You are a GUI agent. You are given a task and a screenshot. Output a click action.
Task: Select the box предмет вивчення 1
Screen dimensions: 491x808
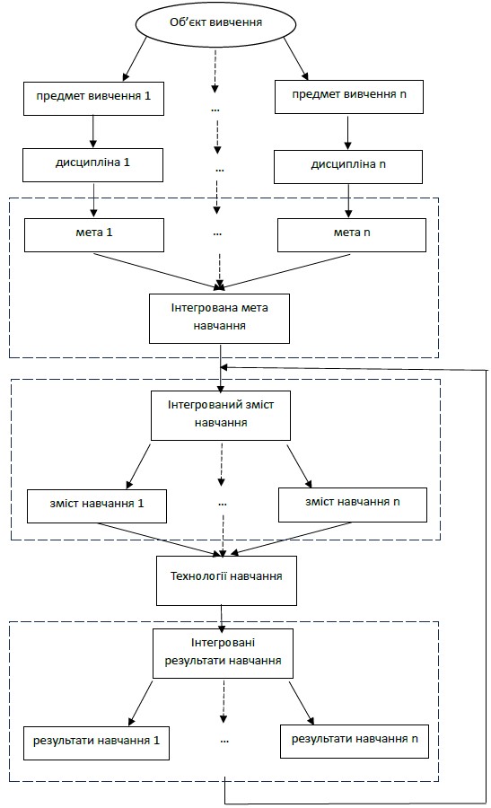(x=93, y=98)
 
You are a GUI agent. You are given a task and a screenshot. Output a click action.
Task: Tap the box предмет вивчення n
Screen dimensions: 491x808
(x=349, y=96)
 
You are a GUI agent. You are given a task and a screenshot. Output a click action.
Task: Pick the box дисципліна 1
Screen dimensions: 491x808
(x=92, y=165)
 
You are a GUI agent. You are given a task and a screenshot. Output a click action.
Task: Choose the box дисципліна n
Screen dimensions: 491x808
(x=347, y=167)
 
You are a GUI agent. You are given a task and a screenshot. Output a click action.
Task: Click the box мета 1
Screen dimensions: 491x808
(x=93, y=235)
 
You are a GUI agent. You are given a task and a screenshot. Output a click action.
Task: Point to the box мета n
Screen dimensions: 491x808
(x=351, y=235)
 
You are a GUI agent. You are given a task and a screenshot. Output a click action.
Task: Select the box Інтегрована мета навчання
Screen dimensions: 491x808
(x=220, y=319)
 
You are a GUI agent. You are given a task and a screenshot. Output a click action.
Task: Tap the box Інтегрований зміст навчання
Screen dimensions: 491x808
(x=221, y=416)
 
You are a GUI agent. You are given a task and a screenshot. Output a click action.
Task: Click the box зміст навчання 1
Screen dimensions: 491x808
(x=97, y=506)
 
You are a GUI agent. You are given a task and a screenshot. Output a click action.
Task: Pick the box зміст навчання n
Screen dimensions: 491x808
(x=353, y=505)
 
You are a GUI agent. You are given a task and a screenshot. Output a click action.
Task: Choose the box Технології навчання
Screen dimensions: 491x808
(x=226, y=580)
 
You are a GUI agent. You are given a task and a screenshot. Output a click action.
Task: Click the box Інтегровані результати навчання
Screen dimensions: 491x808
(x=224, y=654)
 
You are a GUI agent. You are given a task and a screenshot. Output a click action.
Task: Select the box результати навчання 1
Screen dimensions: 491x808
(x=96, y=743)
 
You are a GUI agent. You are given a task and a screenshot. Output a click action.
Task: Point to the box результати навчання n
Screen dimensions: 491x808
(x=355, y=742)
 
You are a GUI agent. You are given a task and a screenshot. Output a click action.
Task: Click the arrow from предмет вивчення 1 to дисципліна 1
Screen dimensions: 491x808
(x=92, y=131)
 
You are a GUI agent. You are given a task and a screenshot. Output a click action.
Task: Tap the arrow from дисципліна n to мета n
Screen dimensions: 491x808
(x=348, y=201)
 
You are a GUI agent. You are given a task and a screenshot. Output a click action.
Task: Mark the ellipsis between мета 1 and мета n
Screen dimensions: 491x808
(x=217, y=234)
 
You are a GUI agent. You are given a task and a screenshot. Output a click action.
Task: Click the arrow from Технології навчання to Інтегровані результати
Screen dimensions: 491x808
(x=222, y=619)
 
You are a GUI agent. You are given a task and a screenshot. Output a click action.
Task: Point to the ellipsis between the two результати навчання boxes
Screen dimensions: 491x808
(x=224, y=742)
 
